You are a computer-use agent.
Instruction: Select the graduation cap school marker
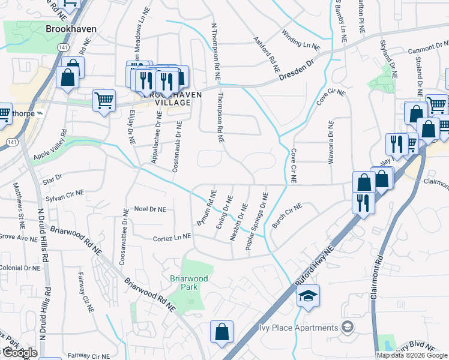(308, 296)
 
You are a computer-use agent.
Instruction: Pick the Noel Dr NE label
(149, 209)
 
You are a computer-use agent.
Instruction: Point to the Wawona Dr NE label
(330, 142)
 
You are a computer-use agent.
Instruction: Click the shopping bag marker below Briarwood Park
(221, 332)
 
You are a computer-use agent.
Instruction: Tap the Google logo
(19, 352)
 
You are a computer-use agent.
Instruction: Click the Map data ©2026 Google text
(412, 355)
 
